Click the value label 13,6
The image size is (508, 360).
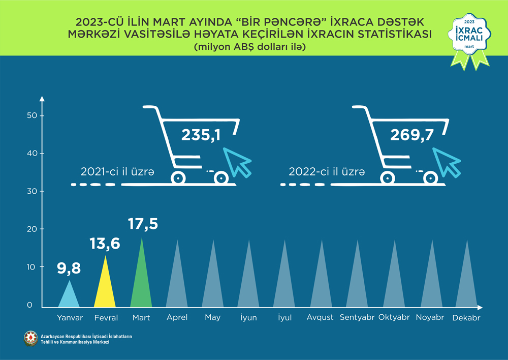click(105, 244)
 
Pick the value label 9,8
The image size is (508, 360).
click(69, 267)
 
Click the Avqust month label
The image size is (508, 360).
click(320, 317)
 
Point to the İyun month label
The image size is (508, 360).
click(248, 318)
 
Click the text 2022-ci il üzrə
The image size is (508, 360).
click(327, 172)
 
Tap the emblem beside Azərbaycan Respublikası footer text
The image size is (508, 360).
click(30, 339)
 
